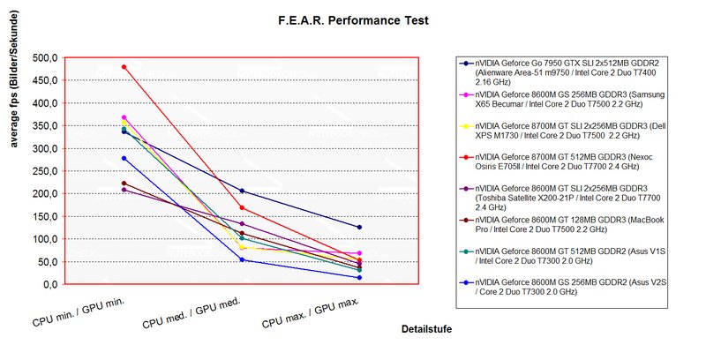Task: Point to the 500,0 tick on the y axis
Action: click(43, 58)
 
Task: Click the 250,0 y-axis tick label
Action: click(43, 171)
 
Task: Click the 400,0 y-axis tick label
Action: click(43, 103)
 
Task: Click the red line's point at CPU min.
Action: click(124, 67)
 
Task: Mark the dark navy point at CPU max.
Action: click(359, 228)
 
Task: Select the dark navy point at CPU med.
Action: click(242, 191)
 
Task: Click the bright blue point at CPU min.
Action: click(124, 158)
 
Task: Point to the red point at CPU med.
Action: click(242, 208)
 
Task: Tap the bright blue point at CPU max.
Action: click(359, 278)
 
